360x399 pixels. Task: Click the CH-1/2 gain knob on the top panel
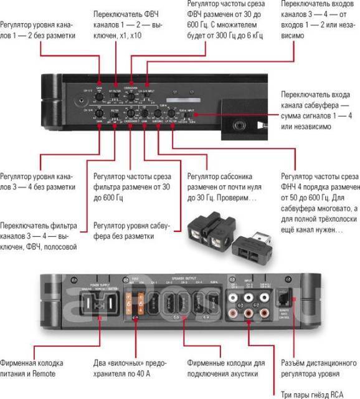coord(98,97)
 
